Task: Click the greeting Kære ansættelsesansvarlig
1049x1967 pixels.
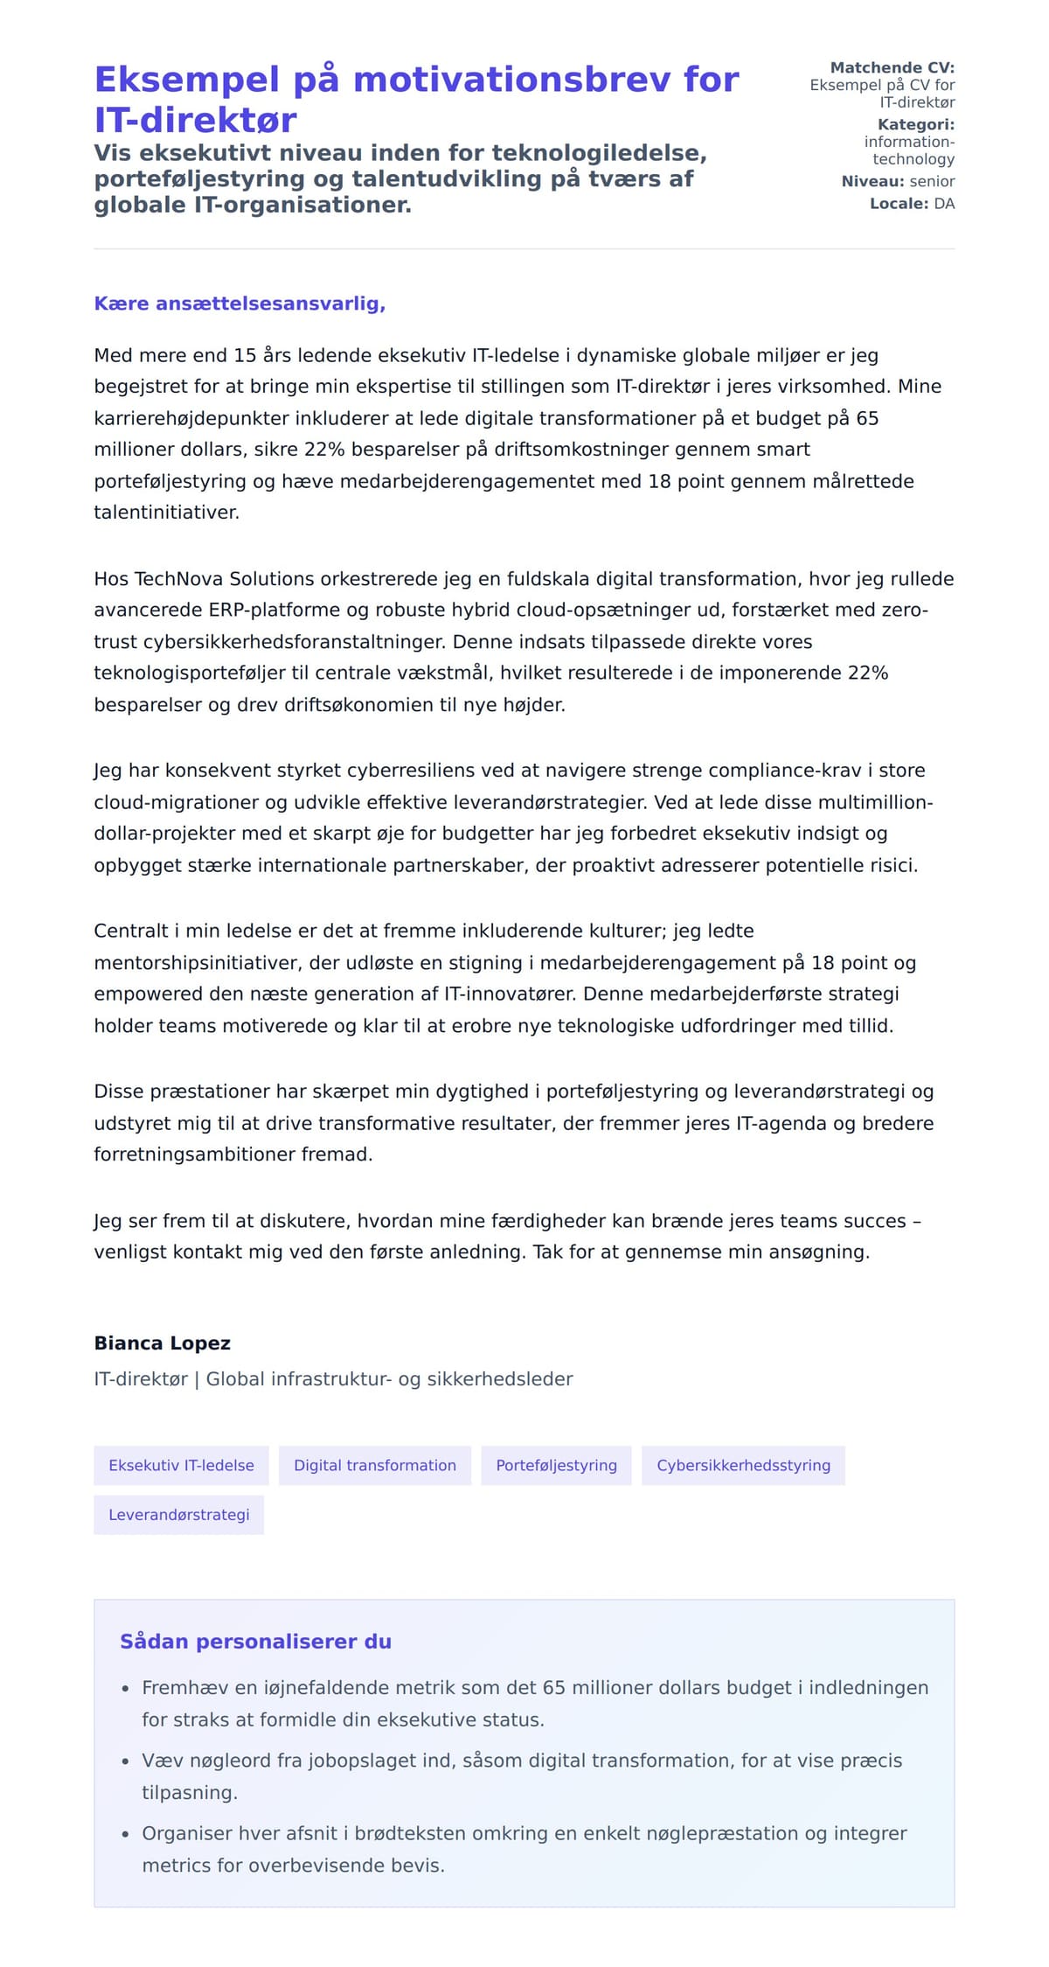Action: coord(240,303)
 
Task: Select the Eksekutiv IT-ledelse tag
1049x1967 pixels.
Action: coord(181,1465)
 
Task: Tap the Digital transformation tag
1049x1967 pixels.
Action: coord(374,1465)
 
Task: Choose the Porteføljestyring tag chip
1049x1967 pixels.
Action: coord(556,1465)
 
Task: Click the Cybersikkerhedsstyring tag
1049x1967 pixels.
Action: coord(743,1465)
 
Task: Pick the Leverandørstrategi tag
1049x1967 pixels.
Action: coord(178,1514)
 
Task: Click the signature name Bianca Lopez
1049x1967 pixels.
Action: coord(162,1343)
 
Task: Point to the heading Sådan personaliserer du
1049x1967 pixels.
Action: coord(255,1641)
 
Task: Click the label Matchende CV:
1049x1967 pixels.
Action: coord(892,67)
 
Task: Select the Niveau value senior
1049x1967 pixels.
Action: coord(932,181)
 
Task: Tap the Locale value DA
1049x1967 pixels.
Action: coord(944,204)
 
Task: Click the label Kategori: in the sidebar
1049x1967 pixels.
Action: coord(915,124)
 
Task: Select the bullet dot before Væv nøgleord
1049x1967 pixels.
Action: coord(126,1761)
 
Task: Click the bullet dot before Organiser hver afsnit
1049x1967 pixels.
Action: coord(126,1833)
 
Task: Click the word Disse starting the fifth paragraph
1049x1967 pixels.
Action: coord(119,1092)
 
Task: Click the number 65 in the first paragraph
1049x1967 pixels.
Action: coord(866,418)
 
